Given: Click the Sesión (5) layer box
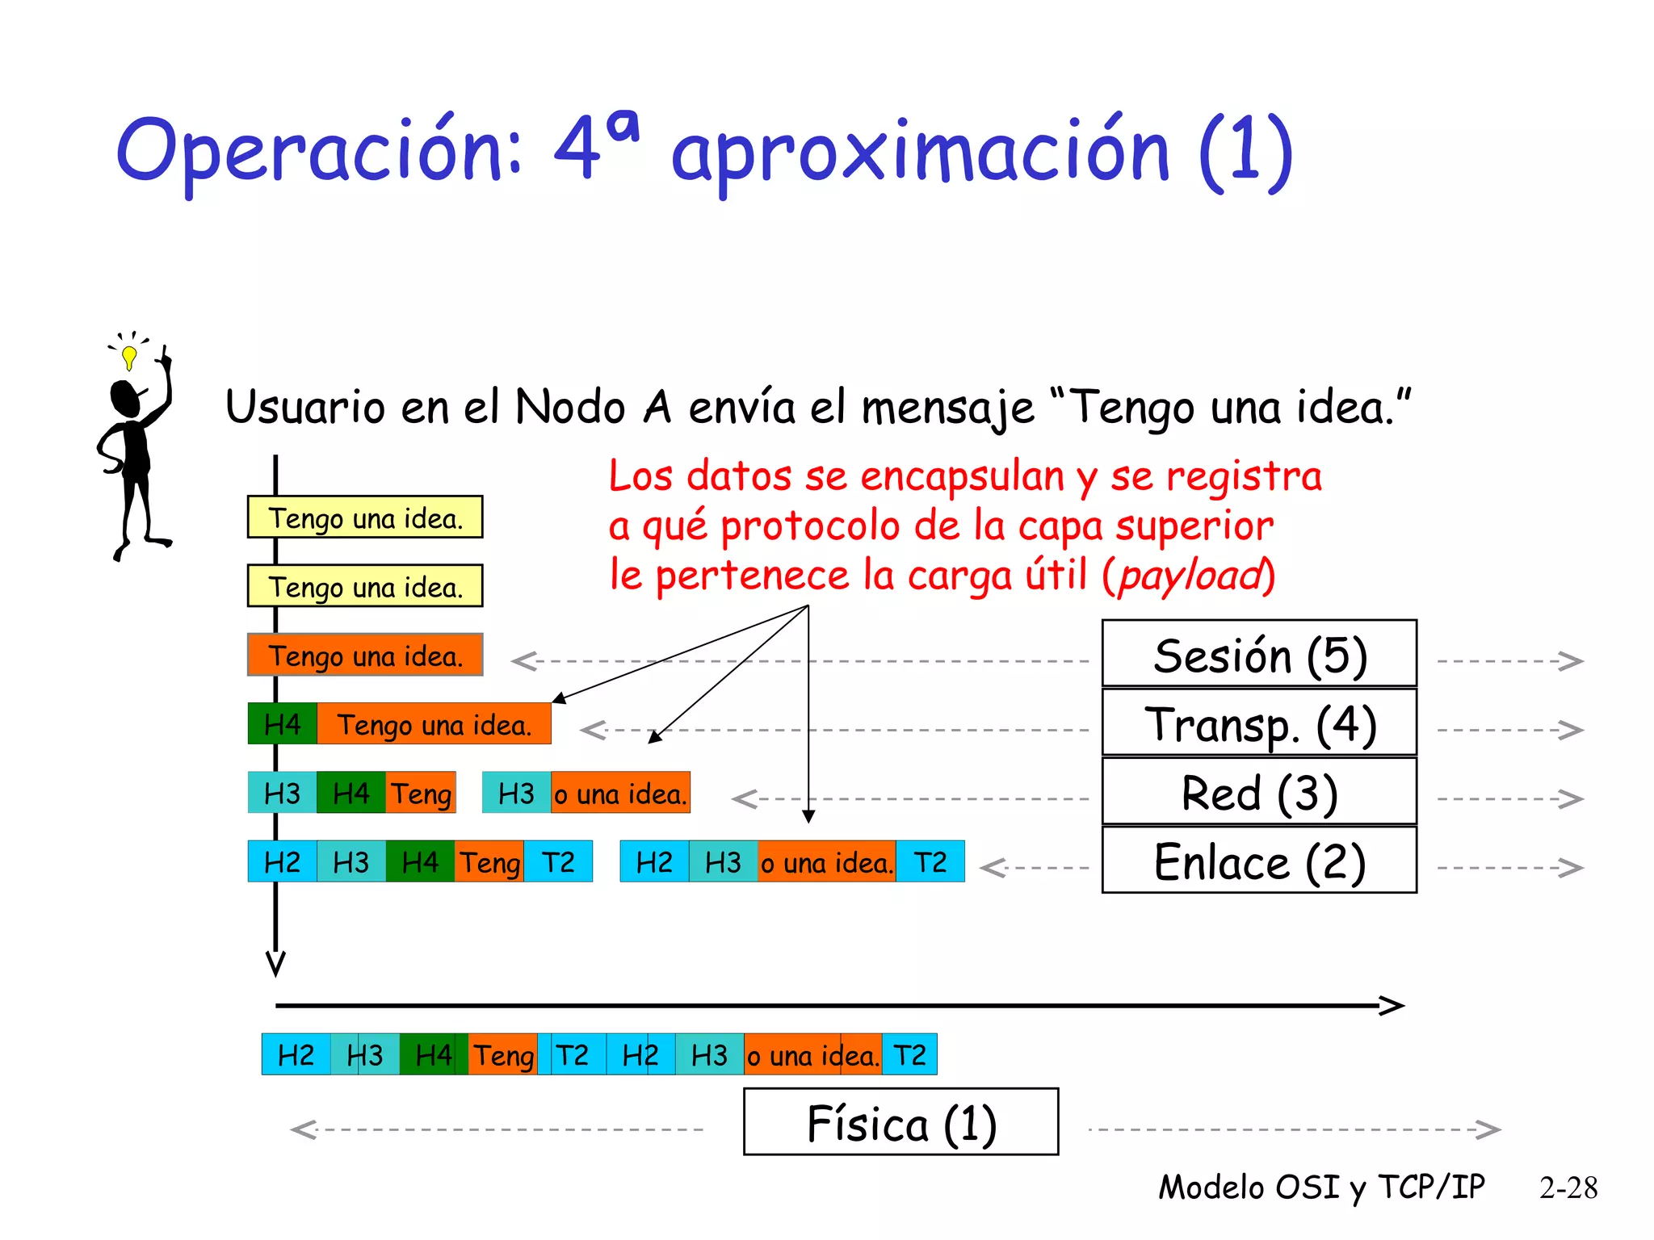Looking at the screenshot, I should coord(1258,654).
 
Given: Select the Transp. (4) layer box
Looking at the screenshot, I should coord(1258,723).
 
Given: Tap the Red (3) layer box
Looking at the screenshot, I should coord(1258,792).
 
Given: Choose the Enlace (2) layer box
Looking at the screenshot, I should coord(1258,861).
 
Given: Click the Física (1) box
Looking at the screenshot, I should coord(900,1122).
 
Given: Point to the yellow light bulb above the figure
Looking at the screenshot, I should coord(129,355).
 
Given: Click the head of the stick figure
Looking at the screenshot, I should coord(125,398).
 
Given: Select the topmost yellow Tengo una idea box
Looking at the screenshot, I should coord(365,517).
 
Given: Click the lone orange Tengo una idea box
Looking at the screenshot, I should coord(365,655).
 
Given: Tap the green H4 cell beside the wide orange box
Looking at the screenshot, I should coord(282,724).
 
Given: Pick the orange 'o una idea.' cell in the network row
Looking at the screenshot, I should coord(620,793).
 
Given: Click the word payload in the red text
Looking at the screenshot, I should coord(1190,576).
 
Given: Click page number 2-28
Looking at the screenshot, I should coord(1568,1188).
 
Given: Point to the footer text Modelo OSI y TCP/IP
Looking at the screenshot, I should coord(1321,1188).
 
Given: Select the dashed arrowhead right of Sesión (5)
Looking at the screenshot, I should coord(1572,661).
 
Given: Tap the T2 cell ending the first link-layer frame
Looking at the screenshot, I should coord(558,861).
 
